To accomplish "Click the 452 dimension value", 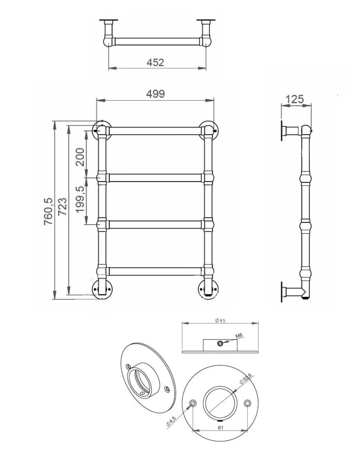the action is click(x=155, y=62).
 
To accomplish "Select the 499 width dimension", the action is click(x=155, y=94).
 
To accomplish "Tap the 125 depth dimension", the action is click(x=295, y=99).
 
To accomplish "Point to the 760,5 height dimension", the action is click(x=49, y=211).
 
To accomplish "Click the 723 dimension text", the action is click(x=62, y=206).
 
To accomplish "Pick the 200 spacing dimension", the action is click(x=80, y=157).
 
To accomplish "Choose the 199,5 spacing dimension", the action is click(x=80, y=200).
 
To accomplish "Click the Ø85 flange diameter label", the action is click(x=220, y=321).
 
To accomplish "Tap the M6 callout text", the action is click(x=239, y=335).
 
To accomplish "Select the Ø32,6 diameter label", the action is click(x=246, y=379).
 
